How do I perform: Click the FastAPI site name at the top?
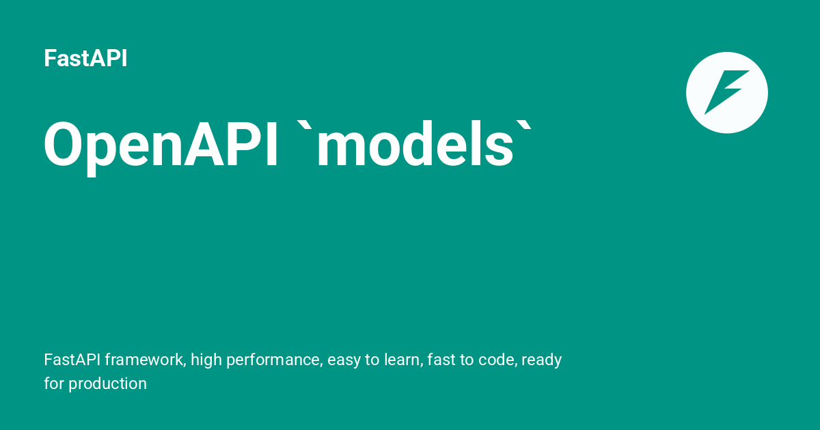pos(85,59)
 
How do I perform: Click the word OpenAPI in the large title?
pos(161,145)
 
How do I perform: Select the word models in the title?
pos(414,145)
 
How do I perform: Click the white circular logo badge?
pos(726,92)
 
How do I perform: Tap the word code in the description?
pos(497,360)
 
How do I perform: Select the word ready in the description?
pos(542,360)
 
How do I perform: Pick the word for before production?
pos(54,384)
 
